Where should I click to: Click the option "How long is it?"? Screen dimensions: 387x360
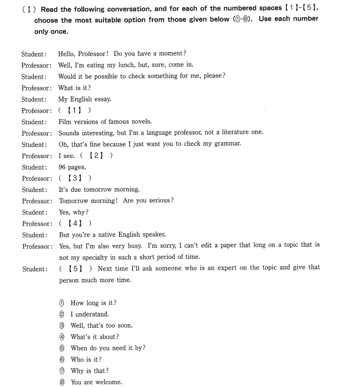(x=93, y=303)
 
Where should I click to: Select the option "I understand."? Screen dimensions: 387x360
(x=90, y=314)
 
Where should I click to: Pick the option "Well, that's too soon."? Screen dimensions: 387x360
(x=101, y=325)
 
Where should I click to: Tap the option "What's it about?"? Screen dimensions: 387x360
(x=94, y=337)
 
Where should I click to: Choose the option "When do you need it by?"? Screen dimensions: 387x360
(x=108, y=348)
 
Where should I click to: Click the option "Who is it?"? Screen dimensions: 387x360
(x=86, y=359)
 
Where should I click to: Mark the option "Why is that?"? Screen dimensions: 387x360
(x=90, y=370)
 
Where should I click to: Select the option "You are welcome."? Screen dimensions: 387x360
(x=96, y=382)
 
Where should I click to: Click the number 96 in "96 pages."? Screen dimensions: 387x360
(x=62, y=167)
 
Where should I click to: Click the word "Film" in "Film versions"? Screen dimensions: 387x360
(x=64, y=121)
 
